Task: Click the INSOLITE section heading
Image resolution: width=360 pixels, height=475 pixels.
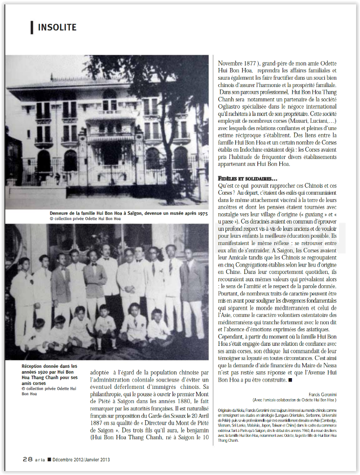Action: click(x=57, y=27)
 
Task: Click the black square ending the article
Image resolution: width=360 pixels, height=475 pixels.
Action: click(x=291, y=379)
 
